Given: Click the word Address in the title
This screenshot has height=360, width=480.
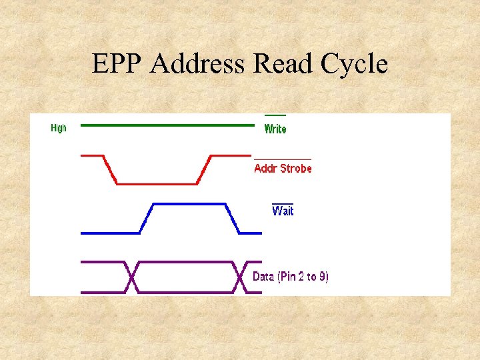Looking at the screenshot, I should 197,64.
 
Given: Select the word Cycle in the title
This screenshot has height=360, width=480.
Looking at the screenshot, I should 354,65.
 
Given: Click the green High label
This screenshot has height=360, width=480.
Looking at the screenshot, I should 59,128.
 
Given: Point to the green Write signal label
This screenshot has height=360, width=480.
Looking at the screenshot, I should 275,129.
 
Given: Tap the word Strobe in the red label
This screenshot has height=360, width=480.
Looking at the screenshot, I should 296,169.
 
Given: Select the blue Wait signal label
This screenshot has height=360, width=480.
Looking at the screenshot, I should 283,211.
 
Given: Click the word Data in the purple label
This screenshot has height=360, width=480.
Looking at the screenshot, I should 263,277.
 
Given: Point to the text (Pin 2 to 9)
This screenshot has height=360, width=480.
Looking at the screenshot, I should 303,277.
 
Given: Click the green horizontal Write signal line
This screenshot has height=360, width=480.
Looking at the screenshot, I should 167,125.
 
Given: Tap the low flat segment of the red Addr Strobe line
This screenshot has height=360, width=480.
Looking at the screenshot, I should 157,183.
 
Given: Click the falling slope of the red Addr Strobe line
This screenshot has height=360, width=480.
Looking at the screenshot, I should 110,169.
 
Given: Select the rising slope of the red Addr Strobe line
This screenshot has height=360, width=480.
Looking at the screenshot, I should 204,169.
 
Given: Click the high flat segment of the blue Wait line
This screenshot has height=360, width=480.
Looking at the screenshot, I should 191,203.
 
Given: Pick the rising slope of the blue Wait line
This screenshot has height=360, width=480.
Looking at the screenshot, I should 146,218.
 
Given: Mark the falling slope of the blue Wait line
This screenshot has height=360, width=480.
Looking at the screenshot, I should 233,218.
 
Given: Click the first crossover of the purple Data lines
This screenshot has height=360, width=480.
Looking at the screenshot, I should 132,277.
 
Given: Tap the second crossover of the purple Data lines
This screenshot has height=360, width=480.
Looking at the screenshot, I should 240,277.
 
